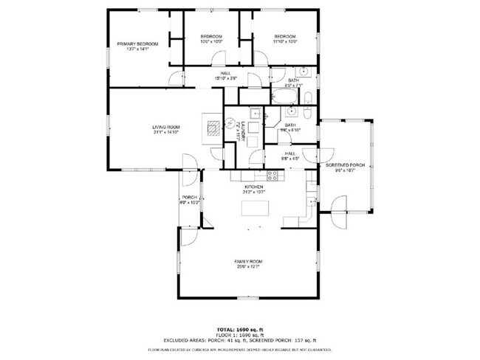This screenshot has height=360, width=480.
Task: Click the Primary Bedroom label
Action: tap(134, 44)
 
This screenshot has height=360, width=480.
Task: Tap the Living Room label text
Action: tap(166, 128)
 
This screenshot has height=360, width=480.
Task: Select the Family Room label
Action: tap(248, 262)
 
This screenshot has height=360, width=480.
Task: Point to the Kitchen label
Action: tap(254, 187)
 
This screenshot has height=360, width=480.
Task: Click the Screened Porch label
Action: tap(346, 165)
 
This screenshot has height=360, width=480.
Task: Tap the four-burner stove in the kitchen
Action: tap(272, 176)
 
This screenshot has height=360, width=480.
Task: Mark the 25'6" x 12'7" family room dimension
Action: tap(248, 267)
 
